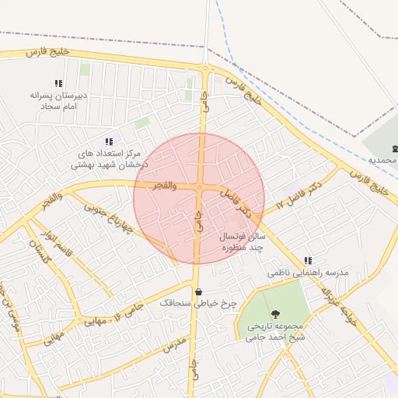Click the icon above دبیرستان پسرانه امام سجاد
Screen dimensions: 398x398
click(x=58, y=82)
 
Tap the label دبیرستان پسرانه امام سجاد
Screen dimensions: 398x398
click(x=57, y=99)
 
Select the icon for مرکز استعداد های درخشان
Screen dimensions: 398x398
click(x=109, y=141)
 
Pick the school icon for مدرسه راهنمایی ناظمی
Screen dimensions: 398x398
click(x=308, y=260)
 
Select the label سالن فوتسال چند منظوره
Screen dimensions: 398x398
click(x=241, y=240)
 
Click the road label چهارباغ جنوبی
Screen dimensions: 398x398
click(x=109, y=219)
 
